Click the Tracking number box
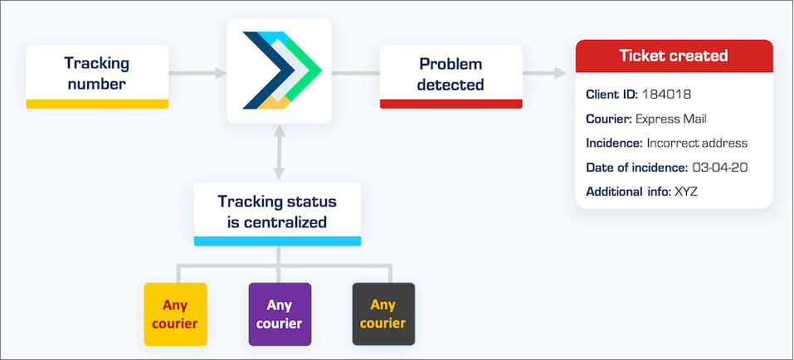coord(97,76)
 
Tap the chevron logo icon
coord(282,71)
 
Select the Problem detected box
coord(451,76)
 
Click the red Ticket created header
coord(674,56)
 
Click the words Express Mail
coord(670,119)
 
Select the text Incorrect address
coord(697,144)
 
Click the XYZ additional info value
coord(686,192)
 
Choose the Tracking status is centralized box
coord(277,214)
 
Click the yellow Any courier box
coord(175,314)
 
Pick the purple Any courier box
coord(280,314)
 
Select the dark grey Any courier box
coord(384,314)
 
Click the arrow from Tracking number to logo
coord(197,74)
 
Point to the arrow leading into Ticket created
coord(545,74)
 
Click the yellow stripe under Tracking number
coord(97,104)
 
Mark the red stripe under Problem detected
coord(451,104)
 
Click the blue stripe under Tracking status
coord(277,241)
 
